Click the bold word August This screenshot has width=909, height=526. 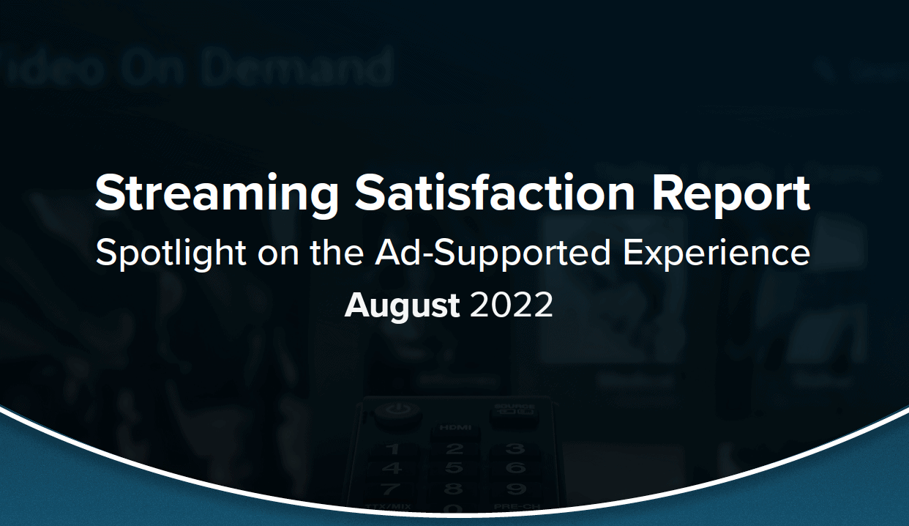pyautogui.click(x=402, y=305)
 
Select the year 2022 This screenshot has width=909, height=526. pyautogui.click(x=512, y=305)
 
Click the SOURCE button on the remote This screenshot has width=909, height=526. pyautogui.click(x=514, y=412)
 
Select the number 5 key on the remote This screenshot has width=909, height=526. pyautogui.click(x=454, y=468)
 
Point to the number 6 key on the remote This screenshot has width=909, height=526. pyautogui.click(x=515, y=468)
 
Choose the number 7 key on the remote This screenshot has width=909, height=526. pyautogui.click(x=393, y=488)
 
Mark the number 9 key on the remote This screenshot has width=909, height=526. pyautogui.click(x=515, y=488)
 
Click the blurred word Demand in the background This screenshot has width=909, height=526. pyautogui.click(x=297, y=68)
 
